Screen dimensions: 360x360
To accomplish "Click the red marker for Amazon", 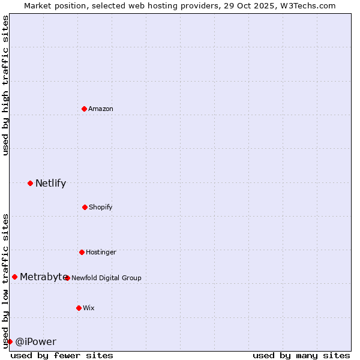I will coord(85,109).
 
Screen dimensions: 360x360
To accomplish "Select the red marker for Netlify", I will coord(30,183).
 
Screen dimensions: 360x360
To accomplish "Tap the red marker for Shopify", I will coord(85,207).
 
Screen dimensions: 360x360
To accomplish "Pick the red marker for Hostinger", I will coord(82,252).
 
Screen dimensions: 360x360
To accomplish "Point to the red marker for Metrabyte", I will coord(14,277).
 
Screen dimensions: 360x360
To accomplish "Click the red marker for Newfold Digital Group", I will coord(67,278).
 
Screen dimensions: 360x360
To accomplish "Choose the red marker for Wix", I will coord(79,308).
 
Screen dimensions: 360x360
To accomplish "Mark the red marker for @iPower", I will coord(10,341).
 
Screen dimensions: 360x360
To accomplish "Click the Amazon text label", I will coord(101,109).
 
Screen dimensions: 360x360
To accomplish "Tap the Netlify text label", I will coord(50,183).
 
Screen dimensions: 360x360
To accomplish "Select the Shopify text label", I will coord(101,207).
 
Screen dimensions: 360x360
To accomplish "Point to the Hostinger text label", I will coord(101,252).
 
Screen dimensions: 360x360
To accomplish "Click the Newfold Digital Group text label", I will coord(106,278).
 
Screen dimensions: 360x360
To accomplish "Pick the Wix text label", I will coord(89,308).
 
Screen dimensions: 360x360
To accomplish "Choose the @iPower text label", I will coord(35,341).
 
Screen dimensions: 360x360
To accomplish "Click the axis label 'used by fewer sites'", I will coord(62,355).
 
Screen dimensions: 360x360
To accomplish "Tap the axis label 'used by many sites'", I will coord(301,355).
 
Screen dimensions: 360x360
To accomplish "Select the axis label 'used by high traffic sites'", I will coord(5,85).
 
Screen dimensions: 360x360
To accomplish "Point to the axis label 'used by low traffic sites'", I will coord(5,281).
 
